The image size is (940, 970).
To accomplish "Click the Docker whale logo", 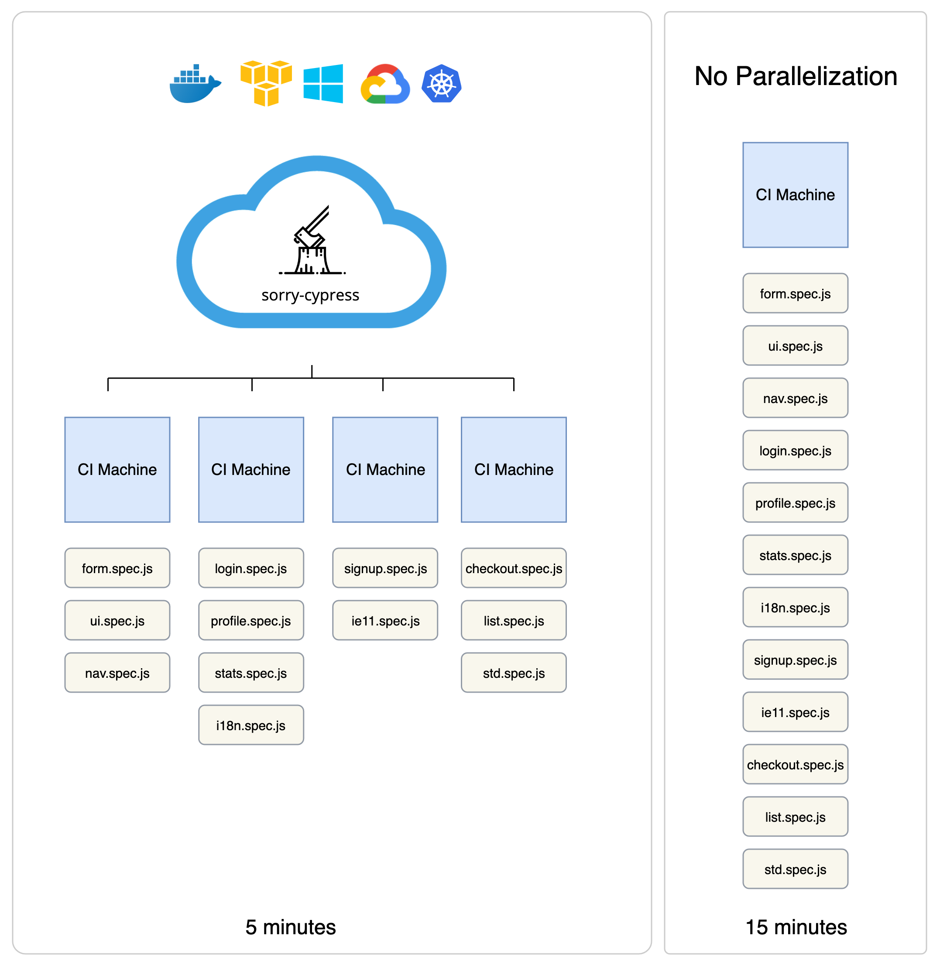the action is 195,84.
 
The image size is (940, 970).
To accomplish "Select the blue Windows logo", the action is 323,83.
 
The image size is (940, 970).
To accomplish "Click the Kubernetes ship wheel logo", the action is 442,83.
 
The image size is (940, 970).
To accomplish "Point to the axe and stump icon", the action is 312,240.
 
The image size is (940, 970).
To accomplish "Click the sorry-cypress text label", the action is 311,295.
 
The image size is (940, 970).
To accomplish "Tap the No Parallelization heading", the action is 796,76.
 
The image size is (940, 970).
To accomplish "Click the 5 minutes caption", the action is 291,927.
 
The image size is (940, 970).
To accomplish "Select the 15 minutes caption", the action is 796,927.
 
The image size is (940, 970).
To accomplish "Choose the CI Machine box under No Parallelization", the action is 796,195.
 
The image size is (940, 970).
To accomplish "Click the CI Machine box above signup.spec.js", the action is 385,470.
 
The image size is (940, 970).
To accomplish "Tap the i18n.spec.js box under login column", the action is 251,725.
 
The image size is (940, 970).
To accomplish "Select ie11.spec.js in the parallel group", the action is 385,621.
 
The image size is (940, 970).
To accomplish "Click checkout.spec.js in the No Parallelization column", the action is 796,765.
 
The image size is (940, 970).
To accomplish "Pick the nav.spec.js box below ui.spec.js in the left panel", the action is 117,673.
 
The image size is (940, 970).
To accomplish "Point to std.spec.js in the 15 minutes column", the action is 796,870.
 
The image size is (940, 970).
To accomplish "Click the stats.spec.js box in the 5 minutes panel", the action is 251,673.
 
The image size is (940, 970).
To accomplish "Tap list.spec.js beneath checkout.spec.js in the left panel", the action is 514,621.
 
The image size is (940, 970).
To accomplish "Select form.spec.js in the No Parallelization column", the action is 796,294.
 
